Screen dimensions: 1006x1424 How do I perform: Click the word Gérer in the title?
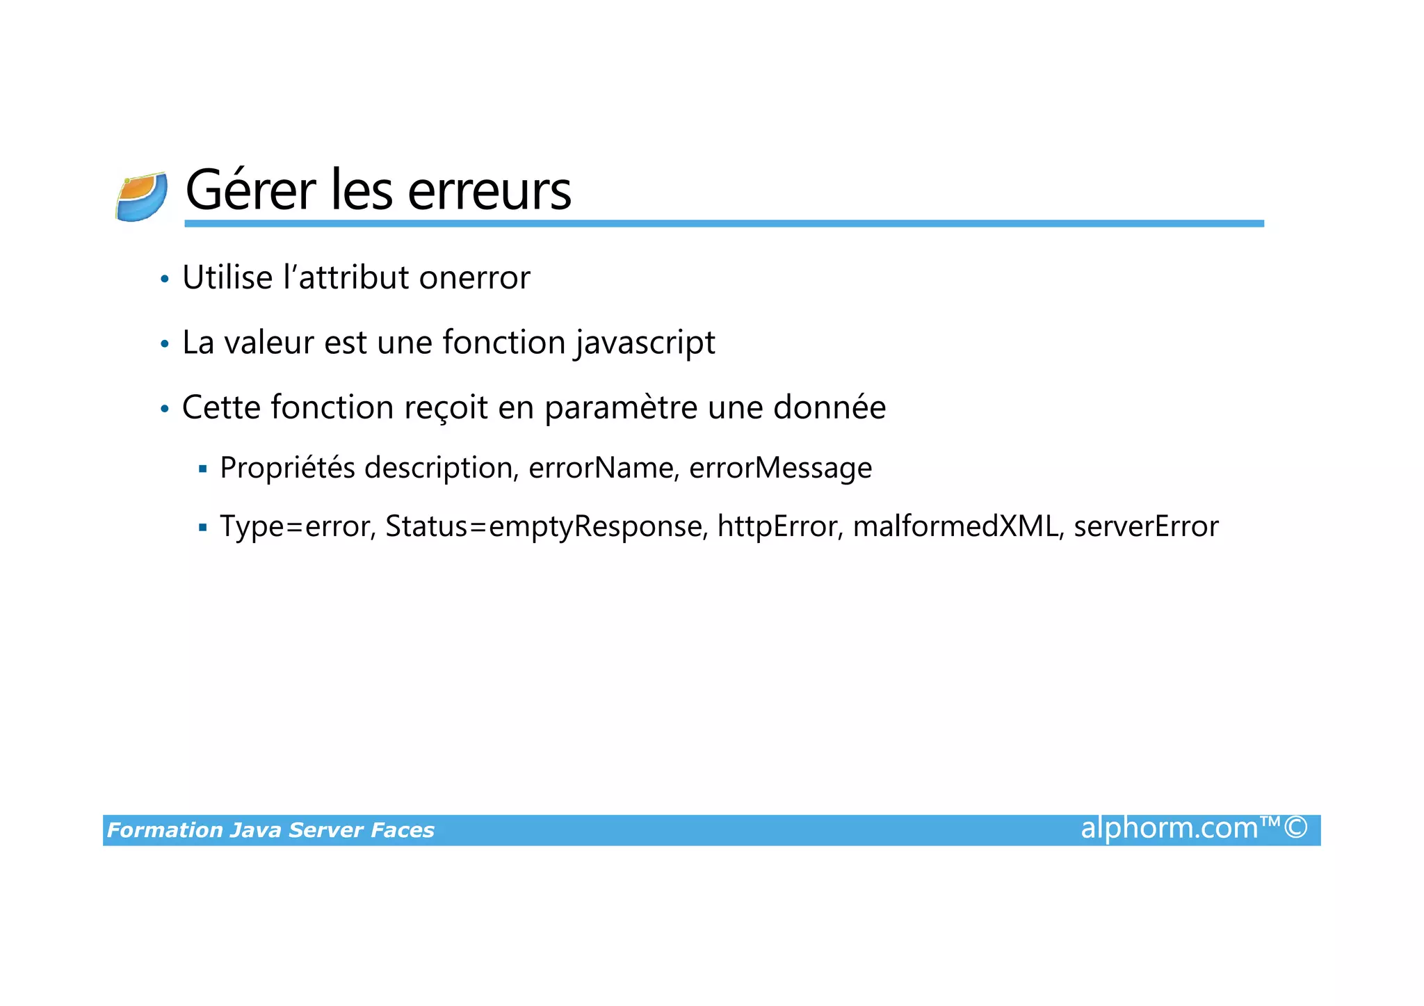pyautogui.click(x=250, y=190)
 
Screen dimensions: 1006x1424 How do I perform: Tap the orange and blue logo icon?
pyautogui.click(x=142, y=197)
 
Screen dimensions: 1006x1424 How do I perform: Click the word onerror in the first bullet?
pyautogui.click(x=474, y=278)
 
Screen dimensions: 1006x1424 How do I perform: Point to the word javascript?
pyautogui.click(x=645, y=343)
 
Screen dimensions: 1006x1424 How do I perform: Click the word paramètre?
pyautogui.click(x=620, y=409)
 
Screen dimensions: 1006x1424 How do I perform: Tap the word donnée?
pyautogui.click(x=830, y=407)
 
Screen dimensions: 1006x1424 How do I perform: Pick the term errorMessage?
pyautogui.click(x=780, y=468)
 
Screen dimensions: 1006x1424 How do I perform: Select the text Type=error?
pyautogui.click(x=298, y=527)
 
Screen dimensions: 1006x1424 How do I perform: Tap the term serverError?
pyautogui.click(x=1146, y=526)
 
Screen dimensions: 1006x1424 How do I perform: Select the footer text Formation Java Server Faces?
pyautogui.click(x=270, y=830)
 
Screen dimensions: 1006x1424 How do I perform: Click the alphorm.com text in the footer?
pyautogui.click(x=1170, y=829)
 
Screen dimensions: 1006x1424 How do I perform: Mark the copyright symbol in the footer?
pyautogui.click(x=1296, y=828)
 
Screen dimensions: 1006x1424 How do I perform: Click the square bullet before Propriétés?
pyautogui.click(x=203, y=469)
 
